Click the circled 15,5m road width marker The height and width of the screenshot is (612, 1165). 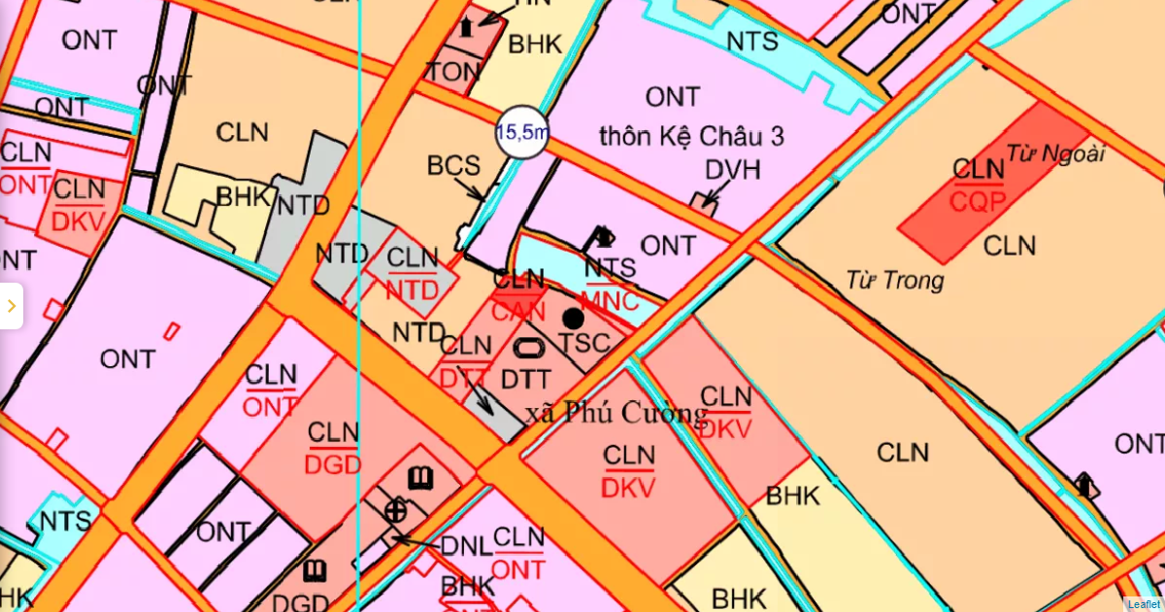click(522, 133)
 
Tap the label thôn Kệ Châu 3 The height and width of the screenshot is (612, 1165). click(692, 136)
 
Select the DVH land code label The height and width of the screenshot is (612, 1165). click(733, 171)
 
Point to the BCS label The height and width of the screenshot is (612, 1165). click(453, 165)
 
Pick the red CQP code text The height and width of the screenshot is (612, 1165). click(978, 202)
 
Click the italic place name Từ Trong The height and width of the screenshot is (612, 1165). click(895, 281)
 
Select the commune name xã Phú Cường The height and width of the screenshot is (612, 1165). click(616, 414)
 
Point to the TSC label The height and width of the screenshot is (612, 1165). click(584, 343)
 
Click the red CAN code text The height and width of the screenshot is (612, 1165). click(519, 313)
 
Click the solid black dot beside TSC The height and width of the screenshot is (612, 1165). click(574, 318)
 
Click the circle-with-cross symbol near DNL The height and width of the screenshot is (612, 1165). click(395, 509)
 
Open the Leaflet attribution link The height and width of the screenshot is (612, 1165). click(1143, 604)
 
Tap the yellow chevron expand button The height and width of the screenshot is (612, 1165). click(11, 306)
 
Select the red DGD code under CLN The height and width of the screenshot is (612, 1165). click(333, 464)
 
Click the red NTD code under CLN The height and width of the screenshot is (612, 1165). click(413, 290)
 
